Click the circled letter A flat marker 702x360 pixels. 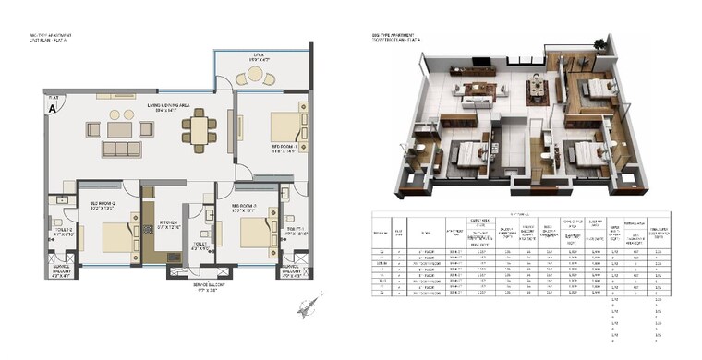(x=52, y=106)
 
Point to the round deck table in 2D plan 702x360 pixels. (x=256, y=78)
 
